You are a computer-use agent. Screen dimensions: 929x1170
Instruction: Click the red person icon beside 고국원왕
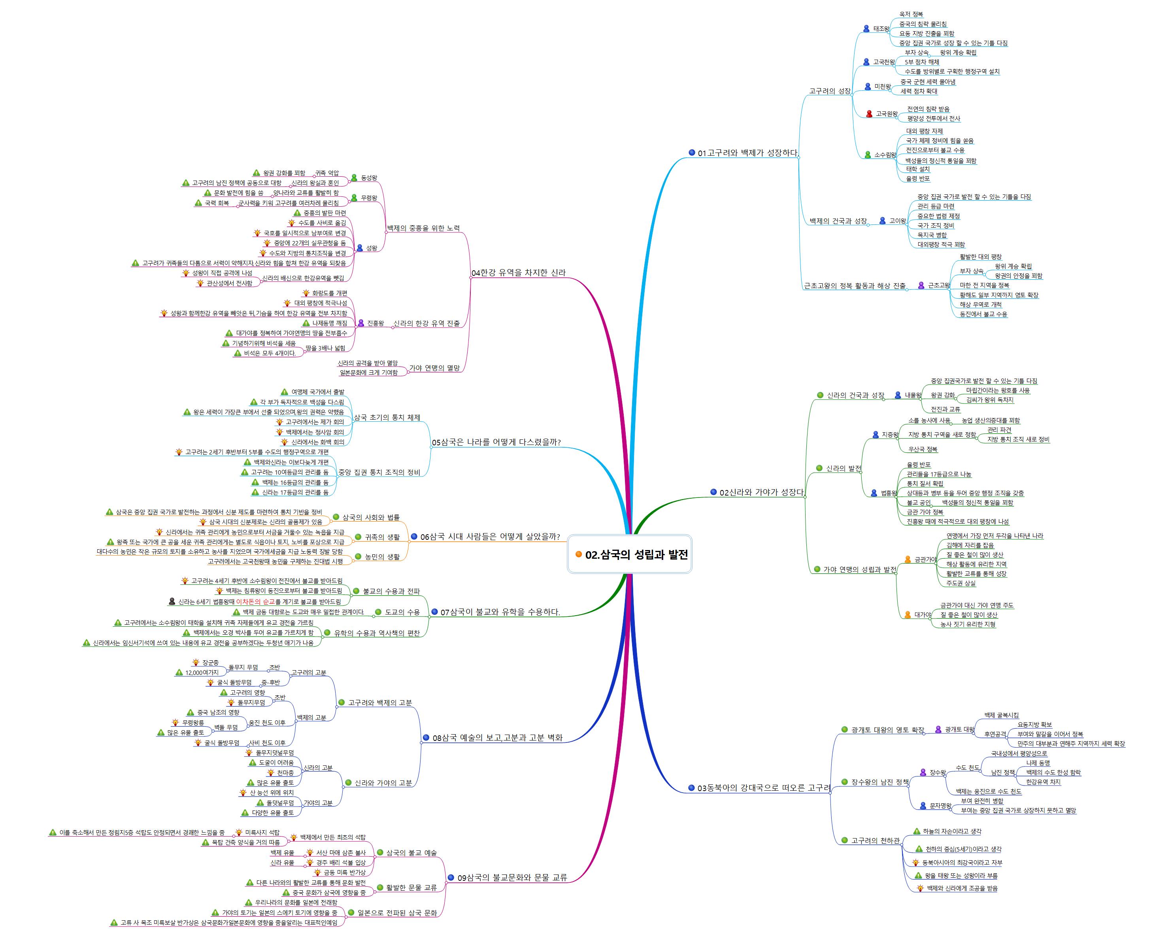point(869,114)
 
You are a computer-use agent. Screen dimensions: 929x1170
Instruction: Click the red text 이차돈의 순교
point(255,601)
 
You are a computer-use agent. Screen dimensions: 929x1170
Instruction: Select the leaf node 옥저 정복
point(911,14)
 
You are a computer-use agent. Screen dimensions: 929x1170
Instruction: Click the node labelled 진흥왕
point(375,323)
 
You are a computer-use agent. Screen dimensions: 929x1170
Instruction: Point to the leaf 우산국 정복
point(923,449)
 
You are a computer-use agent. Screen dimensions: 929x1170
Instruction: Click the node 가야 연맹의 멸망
point(434,368)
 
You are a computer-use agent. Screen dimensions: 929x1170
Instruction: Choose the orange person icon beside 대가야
point(908,615)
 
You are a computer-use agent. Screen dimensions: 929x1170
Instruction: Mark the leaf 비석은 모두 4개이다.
point(270,353)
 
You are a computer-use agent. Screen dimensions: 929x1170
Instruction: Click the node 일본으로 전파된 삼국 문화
point(397,913)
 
